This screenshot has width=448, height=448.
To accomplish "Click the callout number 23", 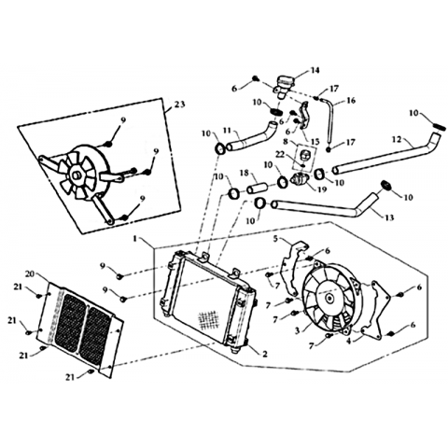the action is point(179,104).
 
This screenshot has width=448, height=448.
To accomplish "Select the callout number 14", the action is point(315,70).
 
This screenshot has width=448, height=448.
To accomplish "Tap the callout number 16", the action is point(351,101).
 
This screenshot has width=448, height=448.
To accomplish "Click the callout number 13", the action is point(389,217).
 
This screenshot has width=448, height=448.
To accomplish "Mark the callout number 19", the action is point(322,189).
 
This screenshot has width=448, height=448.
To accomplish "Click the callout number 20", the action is point(30,273).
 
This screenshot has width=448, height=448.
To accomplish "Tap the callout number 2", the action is point(265,354).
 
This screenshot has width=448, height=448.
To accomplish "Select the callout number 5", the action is point(275,239).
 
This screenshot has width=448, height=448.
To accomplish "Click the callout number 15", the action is point(315,142).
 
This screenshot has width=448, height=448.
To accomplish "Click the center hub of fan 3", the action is point(329,298).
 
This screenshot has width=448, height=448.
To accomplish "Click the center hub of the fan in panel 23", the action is point(76,175).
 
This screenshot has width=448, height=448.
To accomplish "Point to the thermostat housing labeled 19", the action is point(300,179).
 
